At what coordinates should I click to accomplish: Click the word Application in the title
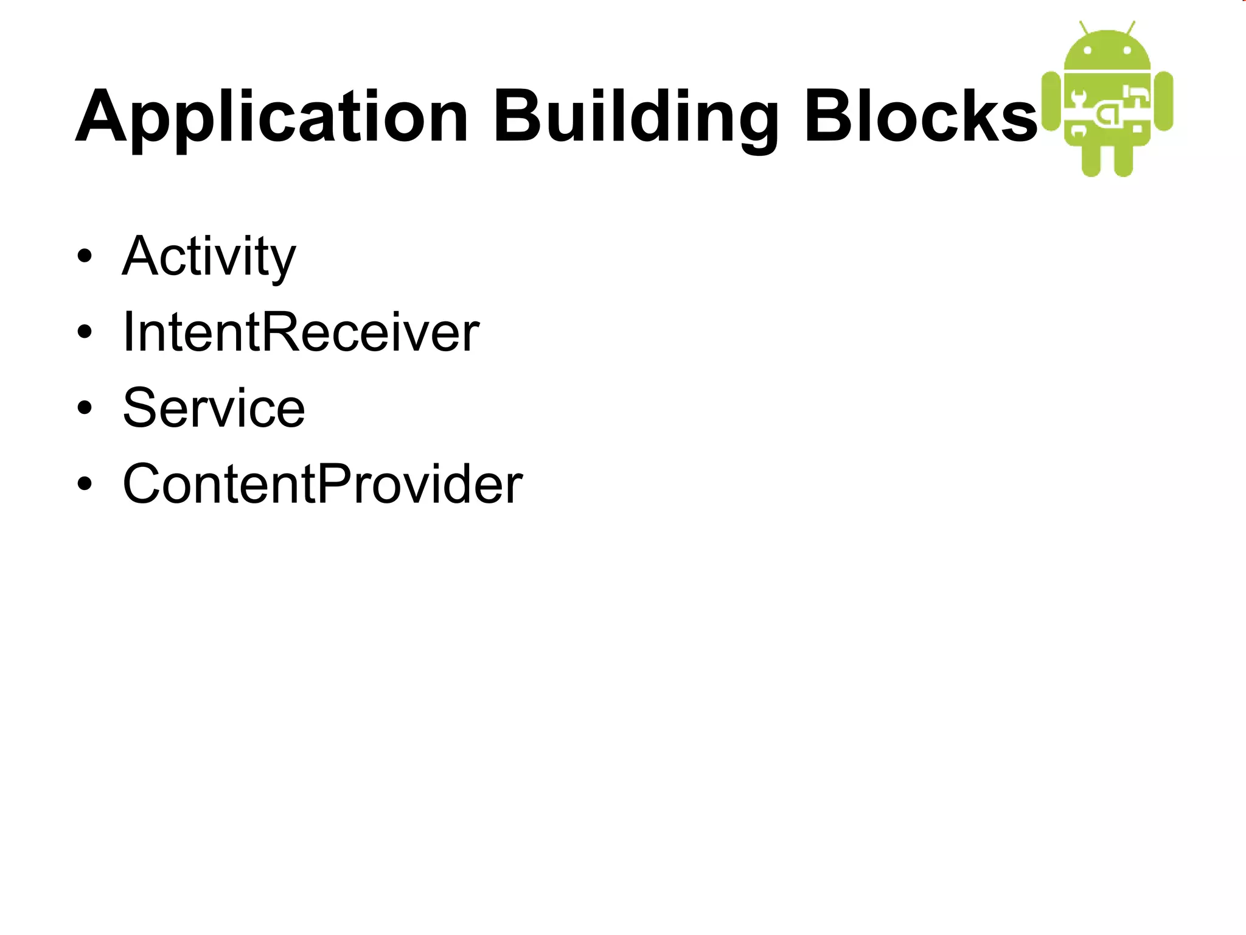271,117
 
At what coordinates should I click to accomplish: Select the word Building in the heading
636,117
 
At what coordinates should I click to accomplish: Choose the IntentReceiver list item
301,332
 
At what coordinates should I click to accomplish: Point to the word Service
214,408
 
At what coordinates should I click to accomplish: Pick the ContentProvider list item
322,484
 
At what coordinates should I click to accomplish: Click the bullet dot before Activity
85,256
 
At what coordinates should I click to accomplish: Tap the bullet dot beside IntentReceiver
85,332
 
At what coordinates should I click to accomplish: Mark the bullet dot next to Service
85,408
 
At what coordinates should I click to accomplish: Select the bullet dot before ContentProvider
85,484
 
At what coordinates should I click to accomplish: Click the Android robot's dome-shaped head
1107,51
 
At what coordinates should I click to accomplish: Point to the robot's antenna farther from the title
1131,28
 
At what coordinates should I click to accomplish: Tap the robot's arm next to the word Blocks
1051,100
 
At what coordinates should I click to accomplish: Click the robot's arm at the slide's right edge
1163,100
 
